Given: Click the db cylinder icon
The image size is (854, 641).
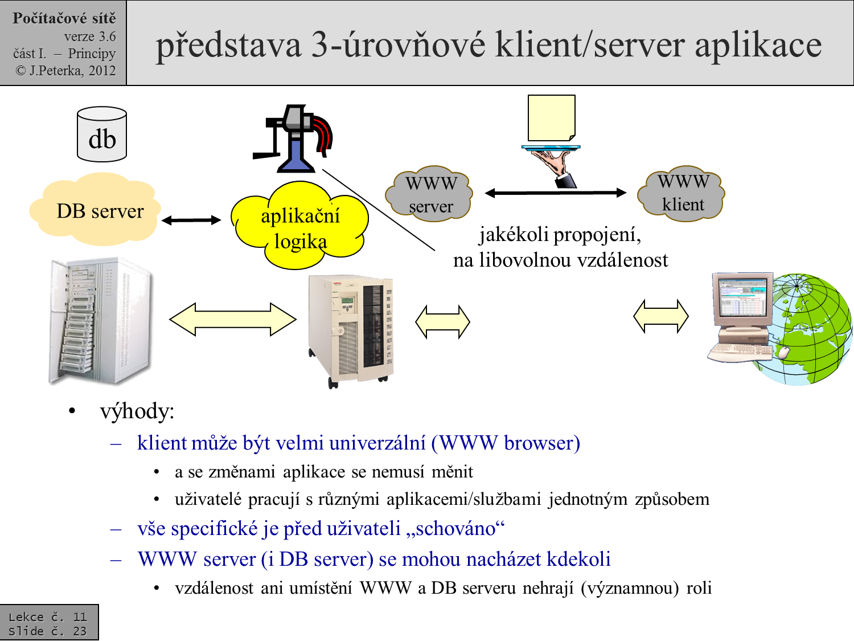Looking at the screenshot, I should pos(102,134).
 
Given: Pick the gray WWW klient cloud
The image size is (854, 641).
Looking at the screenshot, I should pos(682,193).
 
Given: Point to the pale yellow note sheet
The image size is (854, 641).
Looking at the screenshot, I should pos(551,117).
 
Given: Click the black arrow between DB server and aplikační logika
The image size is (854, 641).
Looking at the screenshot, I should pos(191,220).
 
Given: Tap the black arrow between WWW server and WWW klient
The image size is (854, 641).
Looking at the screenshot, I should pos(555,193).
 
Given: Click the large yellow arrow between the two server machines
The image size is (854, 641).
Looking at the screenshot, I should pos(233,320).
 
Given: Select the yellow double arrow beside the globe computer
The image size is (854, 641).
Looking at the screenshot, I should pos(660,316).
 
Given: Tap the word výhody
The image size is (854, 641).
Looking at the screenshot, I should pos(137,411).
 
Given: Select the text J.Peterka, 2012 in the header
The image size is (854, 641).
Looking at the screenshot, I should pos(72,71).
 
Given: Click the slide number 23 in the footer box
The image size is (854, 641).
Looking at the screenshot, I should pos(80,631).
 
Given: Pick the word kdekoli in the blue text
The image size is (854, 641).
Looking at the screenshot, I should pos(578,560).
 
